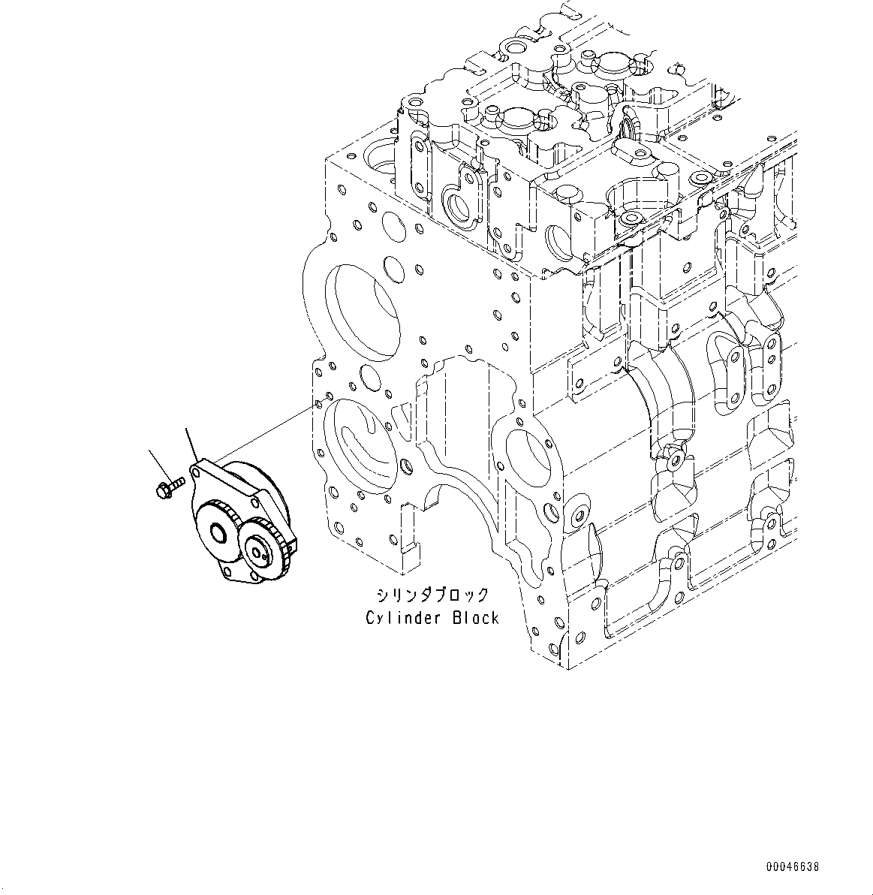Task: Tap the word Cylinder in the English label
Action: point(396,618)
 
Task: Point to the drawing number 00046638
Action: point(793,866)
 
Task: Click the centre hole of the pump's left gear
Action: point(217,535)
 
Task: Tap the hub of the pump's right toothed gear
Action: point(260,553)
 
